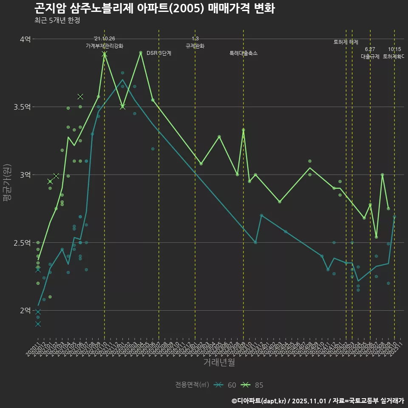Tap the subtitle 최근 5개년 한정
point(57,20)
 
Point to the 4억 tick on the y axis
point(25,39)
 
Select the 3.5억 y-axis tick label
point(22,107)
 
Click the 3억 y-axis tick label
point(25,175)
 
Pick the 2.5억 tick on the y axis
point(22,243)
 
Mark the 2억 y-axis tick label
point(25,311)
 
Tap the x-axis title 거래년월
point(219,362)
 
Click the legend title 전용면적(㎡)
point(192,385)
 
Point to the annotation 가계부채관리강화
point(105,46)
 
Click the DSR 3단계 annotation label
point(159,53)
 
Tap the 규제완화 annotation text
point(195,46)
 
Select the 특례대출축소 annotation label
point(244,53)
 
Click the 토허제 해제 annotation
point(346,42)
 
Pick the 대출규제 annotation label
point(370,56)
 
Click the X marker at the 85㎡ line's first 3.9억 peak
point(105,54)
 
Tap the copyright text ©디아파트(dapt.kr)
point(259,401)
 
